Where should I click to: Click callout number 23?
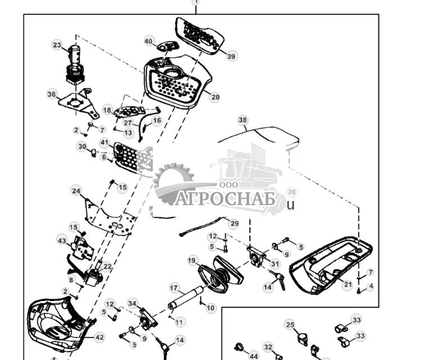point(57,45)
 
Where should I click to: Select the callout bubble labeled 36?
point(52,94)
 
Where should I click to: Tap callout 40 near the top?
point(149,42)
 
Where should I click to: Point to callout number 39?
point(232,56)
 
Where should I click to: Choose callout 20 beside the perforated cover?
point(215,97)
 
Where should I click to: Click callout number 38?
point(242,120)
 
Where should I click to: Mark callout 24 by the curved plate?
point(76,191)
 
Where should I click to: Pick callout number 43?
point(62,240)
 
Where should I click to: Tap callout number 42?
point(99,338)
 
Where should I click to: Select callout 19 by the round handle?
point(192,261)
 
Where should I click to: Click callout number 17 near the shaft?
point(174,288)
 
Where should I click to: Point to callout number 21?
point(347,285)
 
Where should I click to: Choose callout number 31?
point(274,264)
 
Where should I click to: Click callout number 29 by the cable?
point(234,224)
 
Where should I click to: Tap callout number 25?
point(290,325)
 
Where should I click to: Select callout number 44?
point(254,356)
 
